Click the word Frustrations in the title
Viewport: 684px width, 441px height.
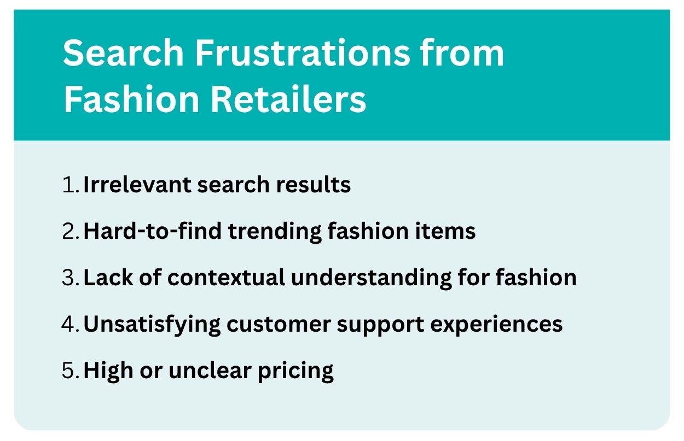tap(302, 52)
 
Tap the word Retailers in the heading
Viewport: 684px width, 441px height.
tap(288, 99)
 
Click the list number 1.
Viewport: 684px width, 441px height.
tap(70, 185)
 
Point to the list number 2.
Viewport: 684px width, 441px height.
tap(70, 231)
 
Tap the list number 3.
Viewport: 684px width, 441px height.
tap(70, 278)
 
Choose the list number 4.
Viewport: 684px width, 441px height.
tap(70, 324)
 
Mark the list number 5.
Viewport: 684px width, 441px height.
tap(70, 371)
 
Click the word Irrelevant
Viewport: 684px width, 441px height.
tap(137, 185)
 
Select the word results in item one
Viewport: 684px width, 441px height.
tap(314, 185)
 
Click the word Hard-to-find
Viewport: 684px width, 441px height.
tap(152, 231)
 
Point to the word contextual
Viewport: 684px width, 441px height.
tap(226, 278)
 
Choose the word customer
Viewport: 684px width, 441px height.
tap(279, 324)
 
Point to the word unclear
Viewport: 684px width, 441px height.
tap(210, 371)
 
